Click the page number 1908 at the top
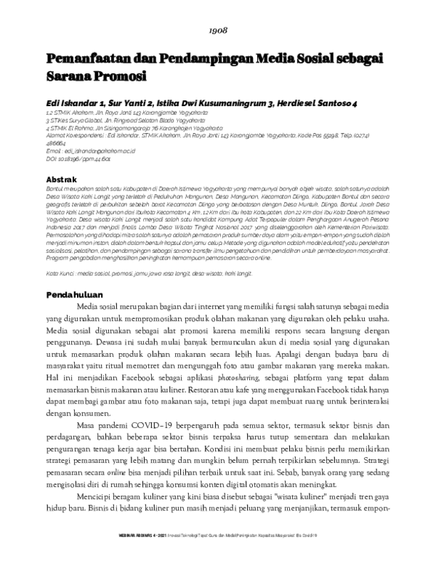pos(218,31)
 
